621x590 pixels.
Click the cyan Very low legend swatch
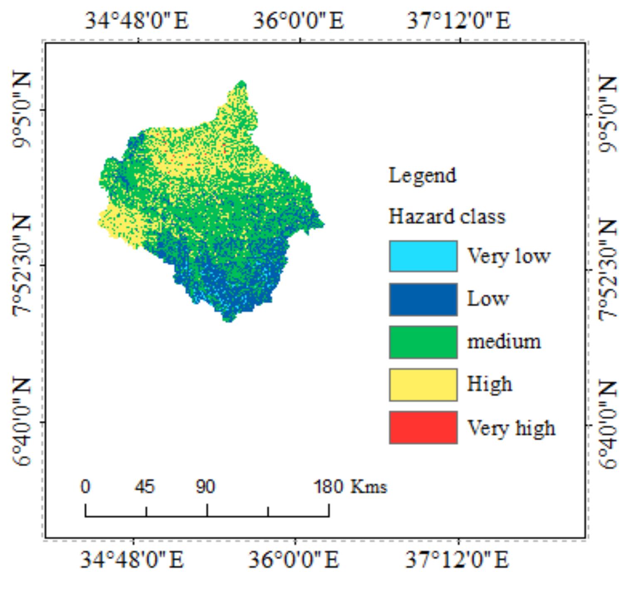point(423,256)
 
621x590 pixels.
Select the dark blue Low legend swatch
point(423,299)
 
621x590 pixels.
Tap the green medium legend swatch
point(423,342)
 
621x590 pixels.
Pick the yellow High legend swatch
point(423,385)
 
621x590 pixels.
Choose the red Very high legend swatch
point(423,428)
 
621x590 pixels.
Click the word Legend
point(422,176)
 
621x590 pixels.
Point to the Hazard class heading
point(447,216)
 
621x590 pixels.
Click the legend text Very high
point(511,428)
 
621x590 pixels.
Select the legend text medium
point(504,342)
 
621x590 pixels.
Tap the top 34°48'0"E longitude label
point(137,20)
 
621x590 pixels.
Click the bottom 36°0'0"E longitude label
point(294,559)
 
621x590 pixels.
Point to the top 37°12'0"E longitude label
point(458,20)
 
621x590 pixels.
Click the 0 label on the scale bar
point(85,486)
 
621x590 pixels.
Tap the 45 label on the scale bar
point(145,486)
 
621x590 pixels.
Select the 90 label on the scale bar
point(205,486)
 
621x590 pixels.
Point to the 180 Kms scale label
point(350,486)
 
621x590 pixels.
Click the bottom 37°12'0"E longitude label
point(457,559)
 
